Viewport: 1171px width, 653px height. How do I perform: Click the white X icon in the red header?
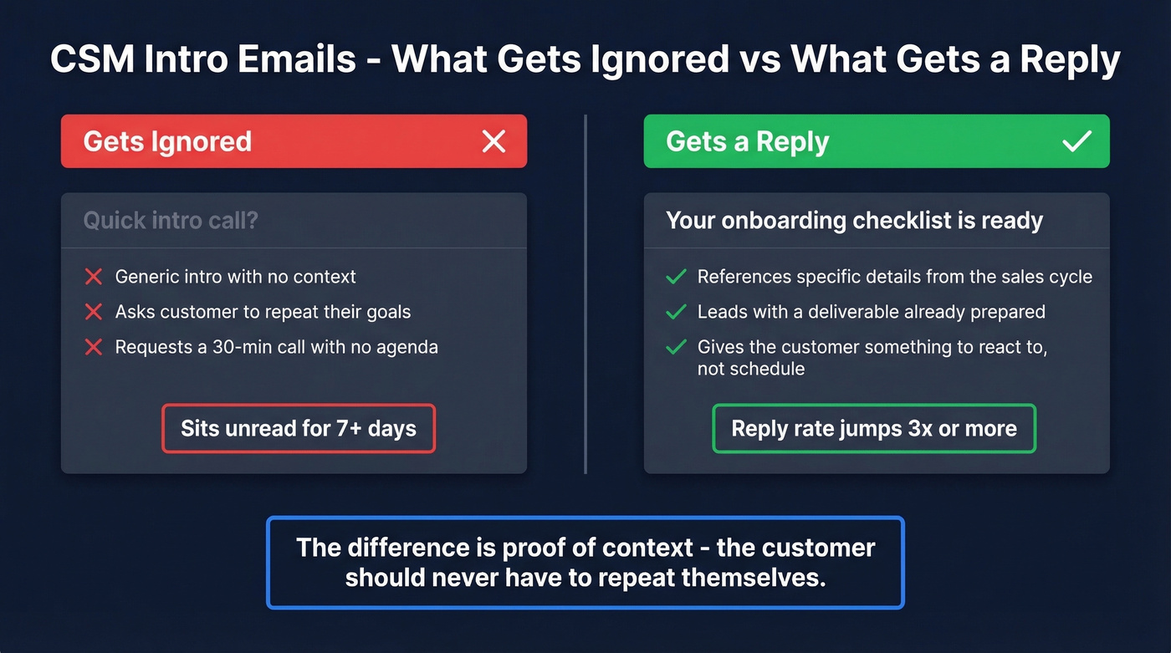[493, 141]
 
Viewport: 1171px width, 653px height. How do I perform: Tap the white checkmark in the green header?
[1076, 141]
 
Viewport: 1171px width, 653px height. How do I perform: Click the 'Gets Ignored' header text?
[167, 141]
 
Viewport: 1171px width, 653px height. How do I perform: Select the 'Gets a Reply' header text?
[747, 141]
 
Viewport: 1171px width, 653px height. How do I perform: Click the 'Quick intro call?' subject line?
[171, 221]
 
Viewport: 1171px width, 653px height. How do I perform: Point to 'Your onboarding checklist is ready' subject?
[854, 221]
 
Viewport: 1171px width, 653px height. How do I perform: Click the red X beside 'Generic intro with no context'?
[94, 277]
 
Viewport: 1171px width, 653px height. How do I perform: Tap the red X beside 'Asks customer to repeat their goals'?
[94, 312]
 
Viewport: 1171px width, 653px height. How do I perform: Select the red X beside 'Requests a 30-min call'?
[94, 347]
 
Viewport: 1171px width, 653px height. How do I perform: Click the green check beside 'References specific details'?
[676, 277]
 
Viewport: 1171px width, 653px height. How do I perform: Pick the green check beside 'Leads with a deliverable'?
[676, 312]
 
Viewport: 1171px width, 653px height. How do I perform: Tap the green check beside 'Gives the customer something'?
[676, 347]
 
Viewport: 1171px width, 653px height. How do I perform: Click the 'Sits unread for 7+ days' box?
[299, 429]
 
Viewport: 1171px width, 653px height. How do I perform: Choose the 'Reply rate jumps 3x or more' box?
[874, 429]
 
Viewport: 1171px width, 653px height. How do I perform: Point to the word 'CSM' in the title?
[91, 60]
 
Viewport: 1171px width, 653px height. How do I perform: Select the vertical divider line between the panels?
[585, 293]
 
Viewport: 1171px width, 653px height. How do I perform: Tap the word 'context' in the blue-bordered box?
[642, 548]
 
